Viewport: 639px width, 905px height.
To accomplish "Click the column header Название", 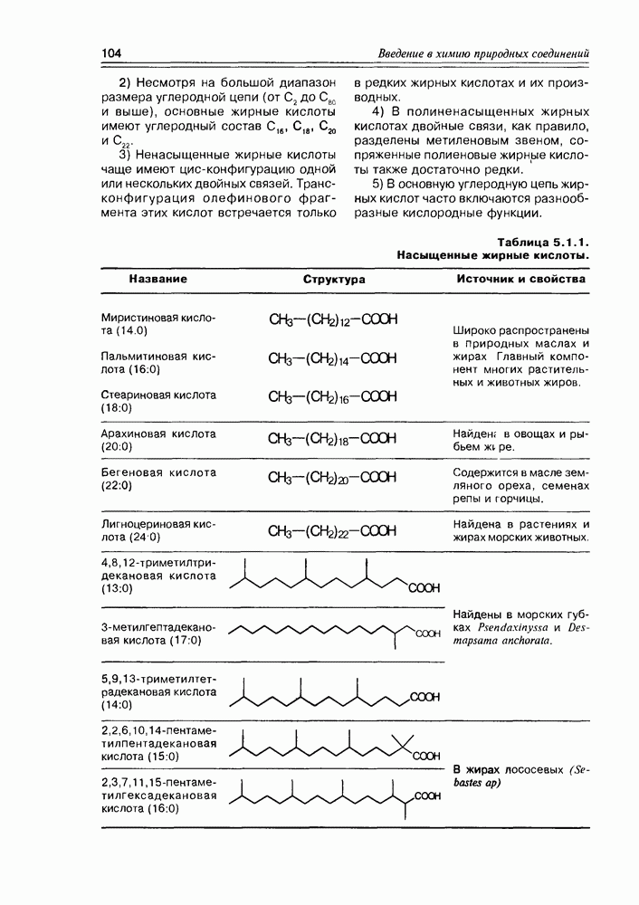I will point(157,280).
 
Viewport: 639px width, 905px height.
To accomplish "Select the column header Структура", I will point(334,280).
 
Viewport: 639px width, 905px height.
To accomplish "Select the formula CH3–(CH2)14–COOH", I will point(333,358).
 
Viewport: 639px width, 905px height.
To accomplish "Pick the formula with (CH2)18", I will point(333,440).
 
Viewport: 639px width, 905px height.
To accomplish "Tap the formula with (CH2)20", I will point(333,478).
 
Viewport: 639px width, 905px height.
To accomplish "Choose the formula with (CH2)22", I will point(333,530).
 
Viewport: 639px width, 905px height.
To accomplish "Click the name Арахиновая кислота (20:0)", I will point(158,440).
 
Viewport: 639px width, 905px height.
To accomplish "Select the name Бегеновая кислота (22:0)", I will point(158,479).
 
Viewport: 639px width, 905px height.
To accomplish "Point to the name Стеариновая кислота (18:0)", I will point(158,403).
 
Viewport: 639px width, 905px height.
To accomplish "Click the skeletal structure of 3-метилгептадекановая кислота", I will point(330,633).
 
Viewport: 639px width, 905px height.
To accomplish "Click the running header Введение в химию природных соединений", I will point(483,52).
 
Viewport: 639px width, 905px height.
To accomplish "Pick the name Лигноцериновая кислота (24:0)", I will point(158,530).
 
